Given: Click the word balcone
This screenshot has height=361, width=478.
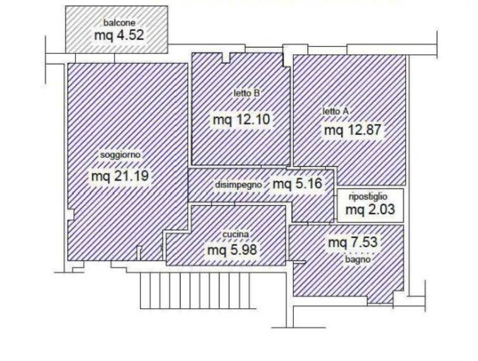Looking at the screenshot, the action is click(x=119, y=23).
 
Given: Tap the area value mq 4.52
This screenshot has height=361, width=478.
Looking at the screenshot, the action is click(x=119, y=35).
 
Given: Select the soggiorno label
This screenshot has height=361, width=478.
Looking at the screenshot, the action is click(x=120, y=155).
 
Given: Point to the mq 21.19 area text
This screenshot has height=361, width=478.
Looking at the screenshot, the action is click(x=120, y=176).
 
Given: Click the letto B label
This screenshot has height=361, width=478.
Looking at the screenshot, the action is click(x=246, y=93).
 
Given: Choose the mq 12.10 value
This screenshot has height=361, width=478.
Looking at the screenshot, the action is click(x=242, y=119).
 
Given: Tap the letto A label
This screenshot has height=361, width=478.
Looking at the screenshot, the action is click(x=336, y=111).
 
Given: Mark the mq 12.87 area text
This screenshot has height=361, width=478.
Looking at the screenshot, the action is click(x=352, y=130).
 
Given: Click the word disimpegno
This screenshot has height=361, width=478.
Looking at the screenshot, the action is click(x=238, y=185).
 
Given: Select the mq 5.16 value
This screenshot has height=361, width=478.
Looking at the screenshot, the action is click(x=297, y=184).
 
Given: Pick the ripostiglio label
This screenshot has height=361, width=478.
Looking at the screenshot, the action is click(x=368, y=197).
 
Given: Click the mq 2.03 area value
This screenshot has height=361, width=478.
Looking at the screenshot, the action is click(x=370, y=210).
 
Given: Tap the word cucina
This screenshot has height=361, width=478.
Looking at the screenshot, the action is click(x=235, y=234).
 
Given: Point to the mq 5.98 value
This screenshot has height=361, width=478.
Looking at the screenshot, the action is click(x=232, y=250).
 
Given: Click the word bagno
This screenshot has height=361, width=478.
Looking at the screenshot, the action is click(x=358, y=260).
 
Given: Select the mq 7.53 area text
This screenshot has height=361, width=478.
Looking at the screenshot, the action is click(x=353, y=242).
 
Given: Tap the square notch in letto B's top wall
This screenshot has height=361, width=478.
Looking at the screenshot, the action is click(x=226, y=58).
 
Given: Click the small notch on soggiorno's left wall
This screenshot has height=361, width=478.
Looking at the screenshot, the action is click(x=70, y=214).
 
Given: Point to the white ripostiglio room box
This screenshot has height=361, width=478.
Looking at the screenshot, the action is click(x=370, y=205).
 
